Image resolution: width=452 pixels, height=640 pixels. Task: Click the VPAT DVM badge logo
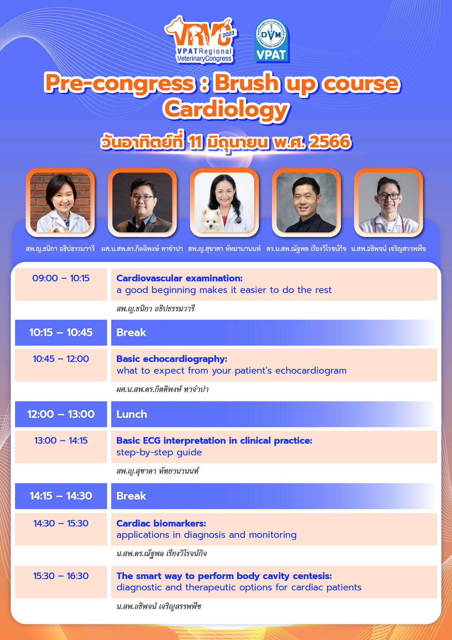coord(272,40)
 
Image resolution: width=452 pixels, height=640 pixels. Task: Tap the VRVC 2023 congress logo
coord(201,40)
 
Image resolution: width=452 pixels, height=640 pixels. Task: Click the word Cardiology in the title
coord(226,109)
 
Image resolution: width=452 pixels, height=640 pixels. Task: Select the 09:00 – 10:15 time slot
coord(61,278)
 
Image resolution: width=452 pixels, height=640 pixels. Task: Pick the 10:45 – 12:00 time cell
coord(61,359)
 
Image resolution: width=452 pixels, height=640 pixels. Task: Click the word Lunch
coord(132,414)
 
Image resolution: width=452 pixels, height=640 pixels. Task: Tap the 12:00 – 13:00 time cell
coord(61,414)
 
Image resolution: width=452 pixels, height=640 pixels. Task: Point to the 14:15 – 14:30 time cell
coord(61,496)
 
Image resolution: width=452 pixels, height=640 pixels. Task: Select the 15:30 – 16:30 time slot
coord(61,576)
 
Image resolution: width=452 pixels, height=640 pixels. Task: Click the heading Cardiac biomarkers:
coord(161,523)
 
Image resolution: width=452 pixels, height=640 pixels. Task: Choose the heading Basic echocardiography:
coord(172,359)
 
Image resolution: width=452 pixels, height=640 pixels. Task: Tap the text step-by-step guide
coord(159,452)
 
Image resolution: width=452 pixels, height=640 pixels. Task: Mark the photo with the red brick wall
coord(60,203)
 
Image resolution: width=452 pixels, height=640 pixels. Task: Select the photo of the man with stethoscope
coord(389,203)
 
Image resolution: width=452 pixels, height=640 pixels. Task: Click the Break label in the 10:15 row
coord(131,332)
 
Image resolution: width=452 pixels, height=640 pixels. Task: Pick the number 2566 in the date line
coord(330,142)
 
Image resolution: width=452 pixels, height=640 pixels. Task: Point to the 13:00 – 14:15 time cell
coord(61,440)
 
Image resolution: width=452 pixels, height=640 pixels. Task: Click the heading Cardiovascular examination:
coord(179,278)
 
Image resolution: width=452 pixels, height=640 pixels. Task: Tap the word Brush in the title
coord(247,82)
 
